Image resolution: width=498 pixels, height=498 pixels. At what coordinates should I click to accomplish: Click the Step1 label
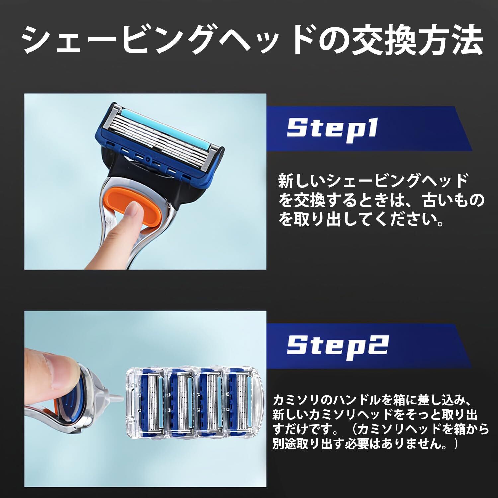[x=332, y=128]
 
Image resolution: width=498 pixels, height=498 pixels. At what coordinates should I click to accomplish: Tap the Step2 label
[x=337, y=345]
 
